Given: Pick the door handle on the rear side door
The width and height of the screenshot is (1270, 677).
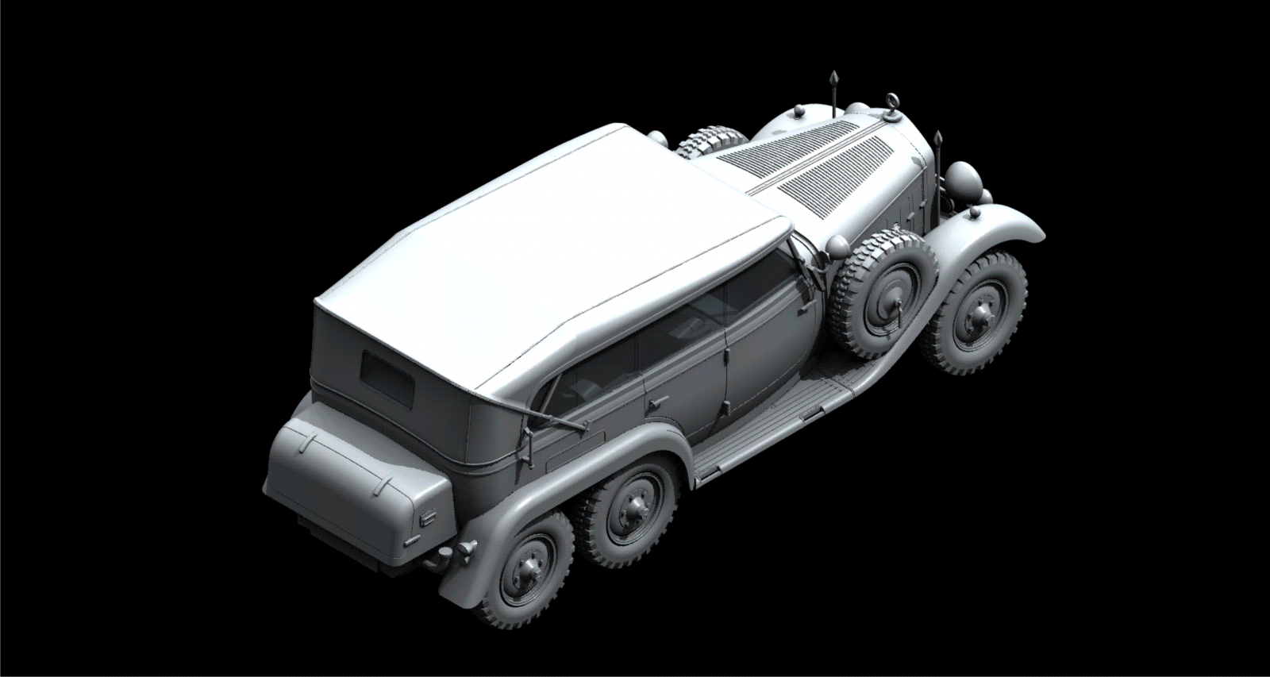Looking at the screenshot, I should (x=653, y=406).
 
